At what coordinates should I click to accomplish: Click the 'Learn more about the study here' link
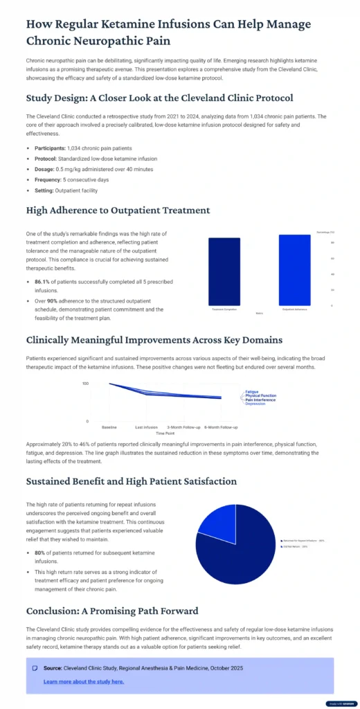pos(84,681)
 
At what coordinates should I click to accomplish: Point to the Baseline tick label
pos(109,427)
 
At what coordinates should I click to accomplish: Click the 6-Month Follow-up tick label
pos(221,427)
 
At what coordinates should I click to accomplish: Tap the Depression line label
pos(255,404)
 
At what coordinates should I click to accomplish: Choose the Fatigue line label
pos(252,392)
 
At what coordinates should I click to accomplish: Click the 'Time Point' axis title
pos(165,433)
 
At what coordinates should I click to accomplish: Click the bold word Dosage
pos(46,169)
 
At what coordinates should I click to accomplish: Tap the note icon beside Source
pos(35,668)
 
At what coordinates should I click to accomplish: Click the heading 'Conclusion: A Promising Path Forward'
pos(111,611)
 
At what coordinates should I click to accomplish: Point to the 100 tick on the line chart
pos(85,383)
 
